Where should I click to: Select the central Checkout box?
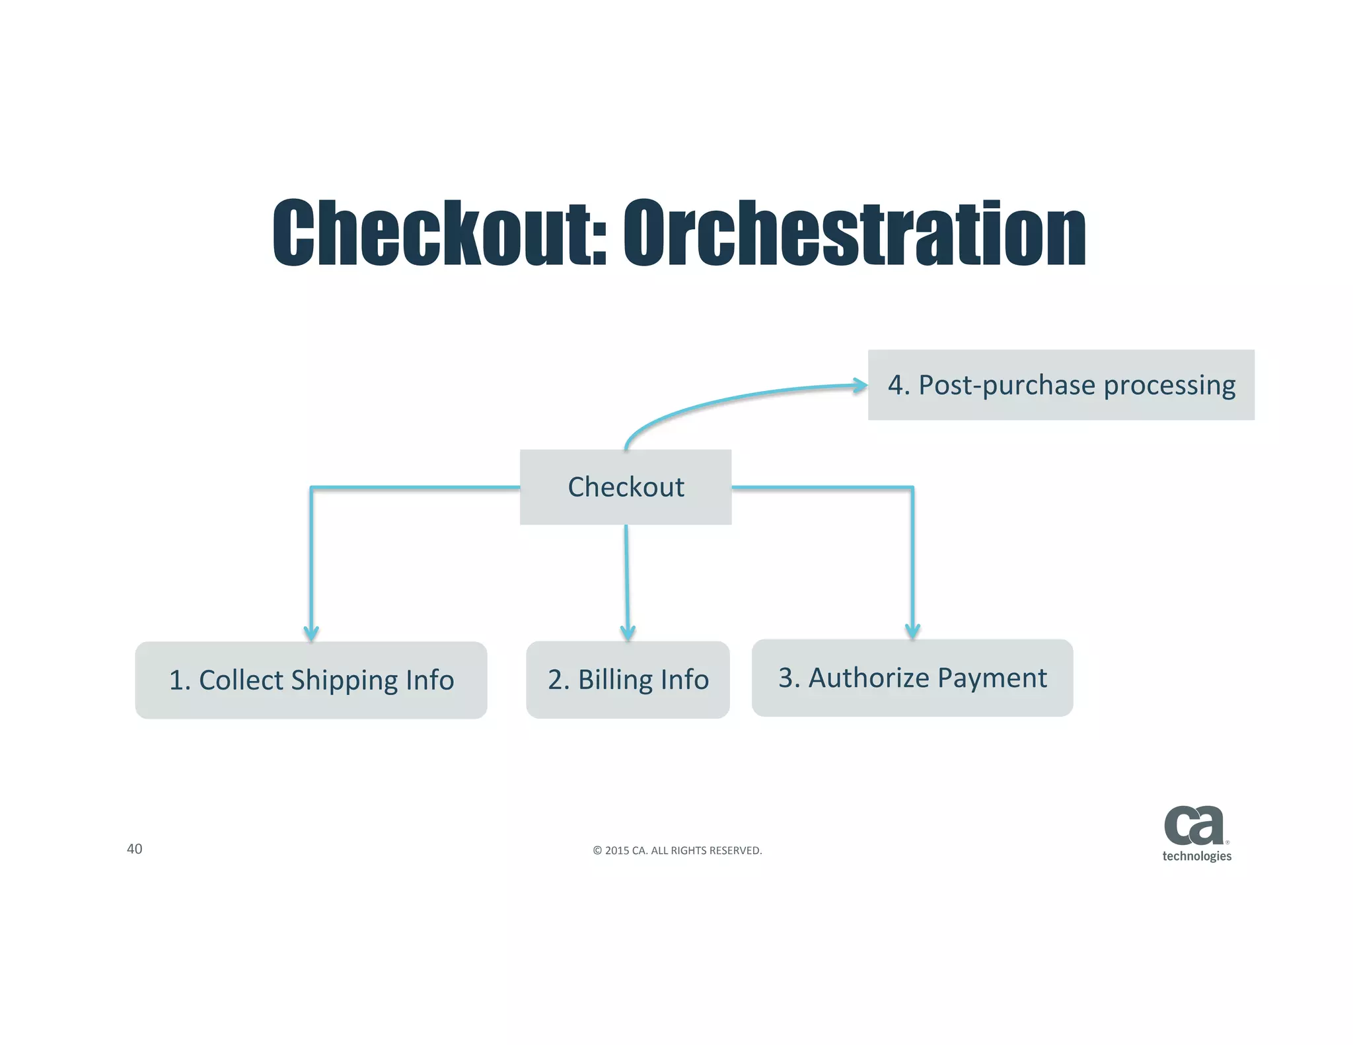626,487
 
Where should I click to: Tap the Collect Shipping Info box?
311,680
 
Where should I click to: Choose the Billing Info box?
628,680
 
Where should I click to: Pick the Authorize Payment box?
912,678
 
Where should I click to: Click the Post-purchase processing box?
1061,385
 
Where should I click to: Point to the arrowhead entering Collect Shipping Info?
311,634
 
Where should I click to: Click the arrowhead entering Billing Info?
628,633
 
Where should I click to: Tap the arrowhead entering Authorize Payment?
912,631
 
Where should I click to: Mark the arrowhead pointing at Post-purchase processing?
860,385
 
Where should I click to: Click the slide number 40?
134,849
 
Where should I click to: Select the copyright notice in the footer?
677,851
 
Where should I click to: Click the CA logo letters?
1194,826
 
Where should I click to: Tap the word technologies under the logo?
1196,856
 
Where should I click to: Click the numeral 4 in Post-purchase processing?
895,385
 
